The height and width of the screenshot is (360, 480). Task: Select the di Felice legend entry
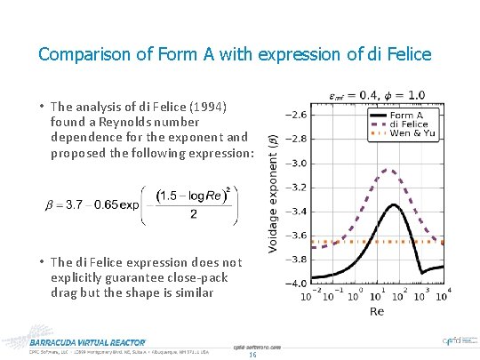point(408,124)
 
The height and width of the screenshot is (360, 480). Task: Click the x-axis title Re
point(376,311)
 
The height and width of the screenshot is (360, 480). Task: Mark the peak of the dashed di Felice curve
point(388,169)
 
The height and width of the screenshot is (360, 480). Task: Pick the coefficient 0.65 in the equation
point(107,205)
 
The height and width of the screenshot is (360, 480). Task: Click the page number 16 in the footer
point(252,355)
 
